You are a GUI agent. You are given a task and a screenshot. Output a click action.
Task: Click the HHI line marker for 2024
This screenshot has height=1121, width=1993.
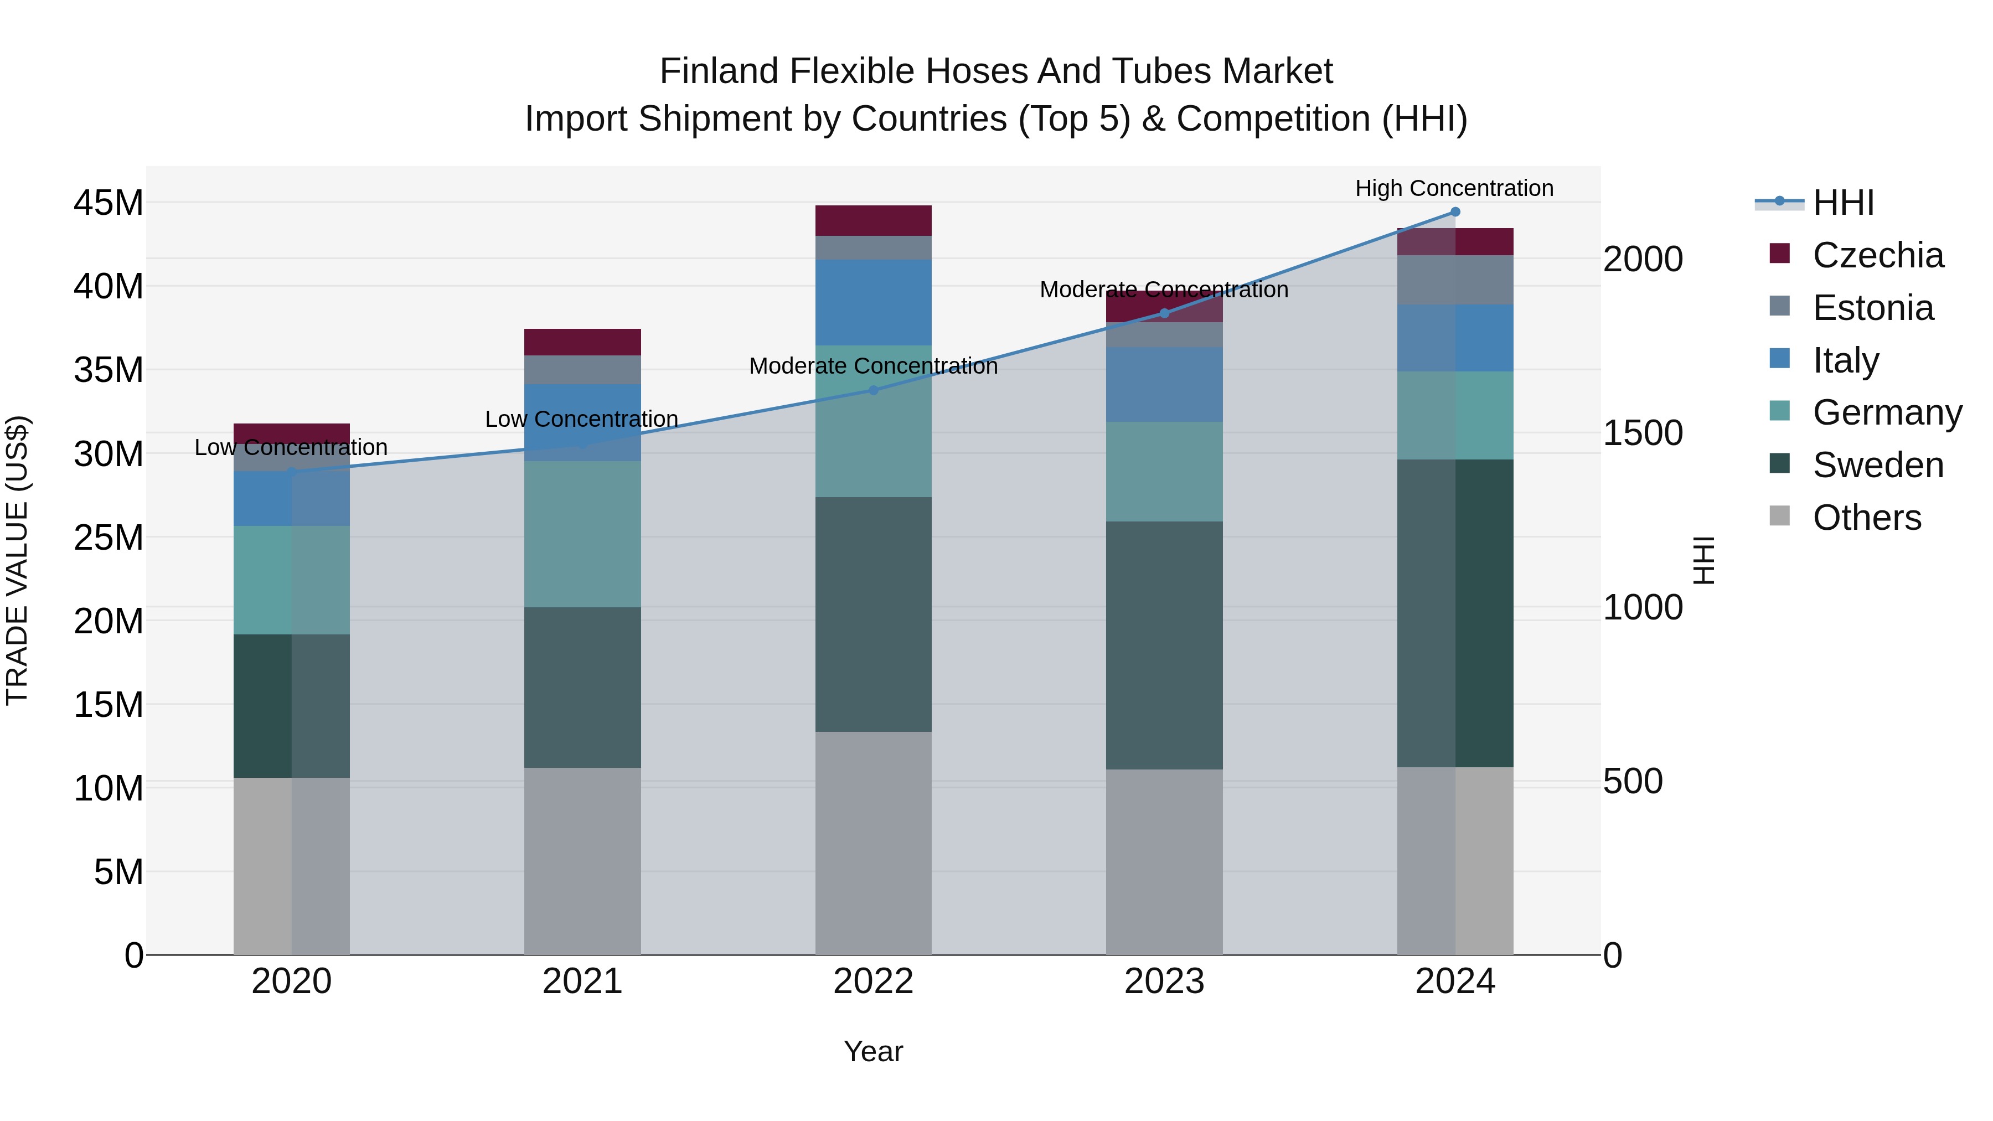1454,212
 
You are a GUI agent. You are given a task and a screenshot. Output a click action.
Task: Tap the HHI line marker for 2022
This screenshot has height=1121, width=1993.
874,391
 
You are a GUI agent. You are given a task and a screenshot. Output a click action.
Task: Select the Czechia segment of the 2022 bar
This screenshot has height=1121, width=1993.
874,220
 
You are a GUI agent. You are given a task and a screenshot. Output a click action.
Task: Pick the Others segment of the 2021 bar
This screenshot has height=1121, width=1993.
582,860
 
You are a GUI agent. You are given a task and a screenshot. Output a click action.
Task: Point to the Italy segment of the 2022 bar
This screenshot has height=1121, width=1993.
874,302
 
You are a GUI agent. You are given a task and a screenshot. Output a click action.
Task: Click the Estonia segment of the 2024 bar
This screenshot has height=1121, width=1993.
1454,280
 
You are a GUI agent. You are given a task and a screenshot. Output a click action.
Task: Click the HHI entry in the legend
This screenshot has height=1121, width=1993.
1843,203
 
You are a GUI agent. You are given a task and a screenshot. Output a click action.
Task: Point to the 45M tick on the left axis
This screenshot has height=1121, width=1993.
109,203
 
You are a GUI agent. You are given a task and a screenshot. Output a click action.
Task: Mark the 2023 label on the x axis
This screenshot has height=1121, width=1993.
1164,981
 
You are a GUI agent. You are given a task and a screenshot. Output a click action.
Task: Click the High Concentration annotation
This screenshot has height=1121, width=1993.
1454,188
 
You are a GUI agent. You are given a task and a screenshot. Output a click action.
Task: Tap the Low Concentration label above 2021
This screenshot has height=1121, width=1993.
582,419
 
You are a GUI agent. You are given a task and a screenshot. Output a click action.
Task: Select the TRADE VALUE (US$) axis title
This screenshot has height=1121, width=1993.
17,560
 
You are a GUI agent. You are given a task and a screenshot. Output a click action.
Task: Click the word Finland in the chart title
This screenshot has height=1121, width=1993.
719,71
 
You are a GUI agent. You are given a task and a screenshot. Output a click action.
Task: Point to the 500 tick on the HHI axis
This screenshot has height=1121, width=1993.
1633,781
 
